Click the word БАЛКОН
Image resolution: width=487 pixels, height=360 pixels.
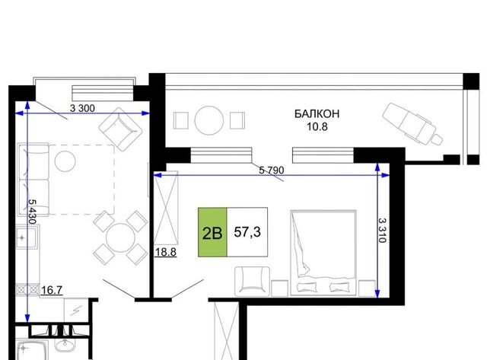317,114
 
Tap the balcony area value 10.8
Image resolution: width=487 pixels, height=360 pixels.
317,127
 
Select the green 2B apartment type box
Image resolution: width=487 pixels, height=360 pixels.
212,232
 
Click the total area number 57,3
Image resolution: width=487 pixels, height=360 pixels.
247,231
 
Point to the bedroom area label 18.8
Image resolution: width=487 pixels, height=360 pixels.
166,252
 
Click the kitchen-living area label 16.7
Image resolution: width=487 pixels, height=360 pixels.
52,290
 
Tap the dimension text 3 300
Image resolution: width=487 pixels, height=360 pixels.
82,108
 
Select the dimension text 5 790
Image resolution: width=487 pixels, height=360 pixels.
272,170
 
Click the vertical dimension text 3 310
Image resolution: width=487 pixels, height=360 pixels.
382,230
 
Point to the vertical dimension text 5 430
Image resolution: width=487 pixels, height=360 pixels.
32,212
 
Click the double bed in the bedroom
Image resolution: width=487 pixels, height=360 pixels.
323,253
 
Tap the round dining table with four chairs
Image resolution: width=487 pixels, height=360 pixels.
120,238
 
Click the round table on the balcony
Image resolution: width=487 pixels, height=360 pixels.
209,120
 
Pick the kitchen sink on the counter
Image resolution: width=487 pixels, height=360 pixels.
27,237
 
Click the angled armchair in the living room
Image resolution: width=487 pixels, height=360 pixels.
120,129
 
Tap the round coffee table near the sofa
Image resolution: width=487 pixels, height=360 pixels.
65,161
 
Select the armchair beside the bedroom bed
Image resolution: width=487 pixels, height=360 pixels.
252,281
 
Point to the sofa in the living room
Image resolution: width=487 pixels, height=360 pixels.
33,180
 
